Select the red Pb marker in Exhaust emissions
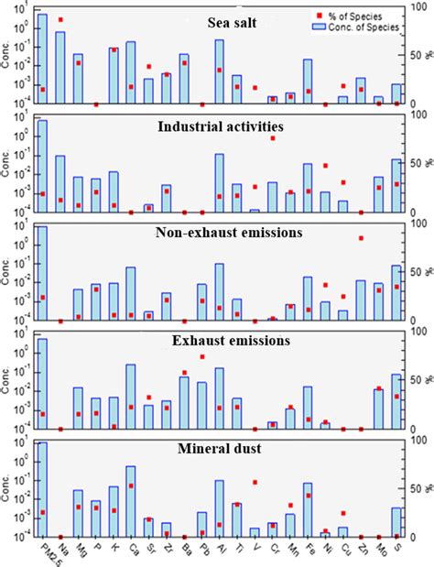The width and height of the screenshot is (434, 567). [202, 356]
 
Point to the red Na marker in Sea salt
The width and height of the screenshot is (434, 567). [60, 19]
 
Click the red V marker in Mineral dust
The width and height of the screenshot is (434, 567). [255, 482]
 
